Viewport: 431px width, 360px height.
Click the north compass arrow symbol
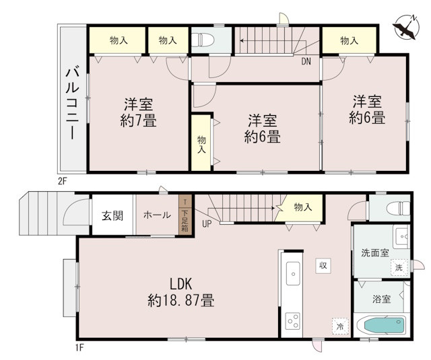[x=406, y=28]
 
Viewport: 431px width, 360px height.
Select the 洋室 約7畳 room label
[x=138, y=112]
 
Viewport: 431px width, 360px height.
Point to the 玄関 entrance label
[x=112, y=215]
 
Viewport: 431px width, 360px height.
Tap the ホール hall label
[x=157, y=215]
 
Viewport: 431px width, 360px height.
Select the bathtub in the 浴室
[x=386, y=327]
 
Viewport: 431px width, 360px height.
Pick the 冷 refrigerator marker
[x=340, y=326]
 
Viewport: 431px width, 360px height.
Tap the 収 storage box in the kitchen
[x=323, y=265]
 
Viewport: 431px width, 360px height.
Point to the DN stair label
[x=306, y=61]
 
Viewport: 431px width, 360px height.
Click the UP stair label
[x=207, y=224]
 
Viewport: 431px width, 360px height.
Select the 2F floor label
[x=63, y=180]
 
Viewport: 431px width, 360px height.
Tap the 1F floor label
[x=79, y=347]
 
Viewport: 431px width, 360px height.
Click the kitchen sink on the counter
[x=294, y=273]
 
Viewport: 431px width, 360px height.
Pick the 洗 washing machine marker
[x=399, y=267]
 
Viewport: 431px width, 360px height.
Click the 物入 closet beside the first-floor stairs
[x=302, y=207]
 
